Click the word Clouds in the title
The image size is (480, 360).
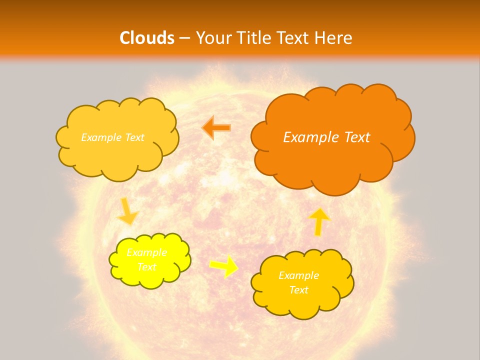[x=147, y=38]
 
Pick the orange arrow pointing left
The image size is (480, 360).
[x=216, y=127]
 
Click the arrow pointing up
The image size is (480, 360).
[x=319, y=221]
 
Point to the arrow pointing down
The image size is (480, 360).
[x=127, y=211]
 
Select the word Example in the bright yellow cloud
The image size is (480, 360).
[x=146, y=252]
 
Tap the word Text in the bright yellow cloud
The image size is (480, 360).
[x=146, y=267]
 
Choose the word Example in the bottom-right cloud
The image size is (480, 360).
[x=298, y=275]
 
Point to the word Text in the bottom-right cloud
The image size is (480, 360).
[x=298, y=290]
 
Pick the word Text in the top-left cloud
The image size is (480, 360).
[x=134, y=137]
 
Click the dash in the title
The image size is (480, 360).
[x=184, y=38]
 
